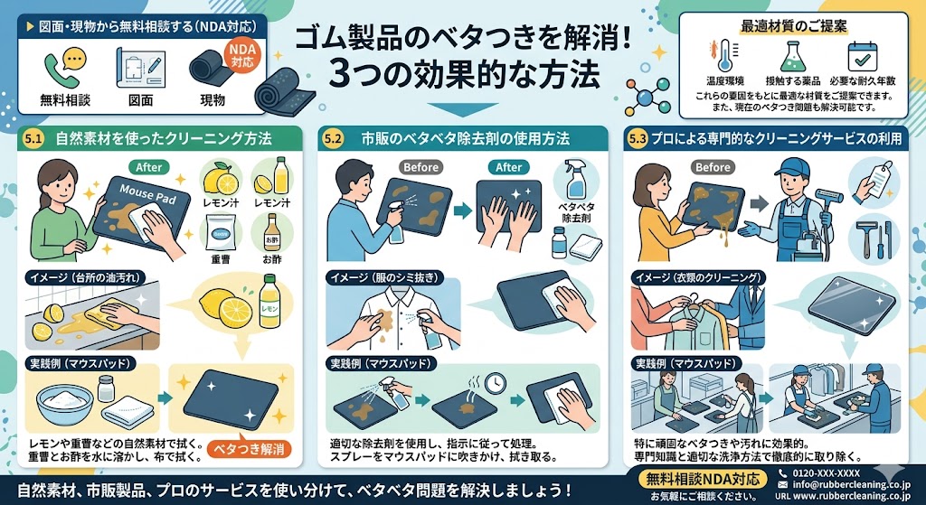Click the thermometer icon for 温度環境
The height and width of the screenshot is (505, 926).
pyautogui.click(x=722, y=53)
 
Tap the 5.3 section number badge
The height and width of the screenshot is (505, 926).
pyautogui.click(x=638, y=139)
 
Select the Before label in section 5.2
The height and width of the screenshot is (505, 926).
pyautogui.click(x=420, y=167)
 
